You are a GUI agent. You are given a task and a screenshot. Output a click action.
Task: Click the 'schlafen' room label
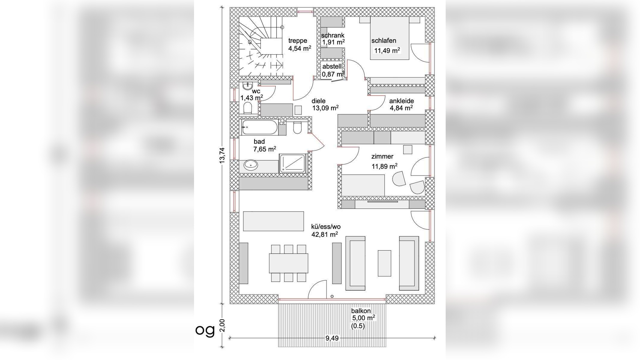[384, 40]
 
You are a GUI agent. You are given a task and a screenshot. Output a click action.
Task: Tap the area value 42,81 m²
[325, 234]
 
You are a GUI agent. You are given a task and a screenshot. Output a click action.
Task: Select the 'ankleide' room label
[401, 101]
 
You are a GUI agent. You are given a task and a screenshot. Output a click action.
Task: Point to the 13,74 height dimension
[222, 155]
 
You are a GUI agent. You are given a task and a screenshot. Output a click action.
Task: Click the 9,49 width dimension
[332, 338]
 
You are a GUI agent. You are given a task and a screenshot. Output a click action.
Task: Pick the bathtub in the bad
[260, 127]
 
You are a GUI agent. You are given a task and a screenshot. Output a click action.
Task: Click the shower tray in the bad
[292, 163]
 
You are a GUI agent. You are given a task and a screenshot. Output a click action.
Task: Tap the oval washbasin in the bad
[250, 165]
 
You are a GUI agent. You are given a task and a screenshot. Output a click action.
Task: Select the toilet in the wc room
[248, 108]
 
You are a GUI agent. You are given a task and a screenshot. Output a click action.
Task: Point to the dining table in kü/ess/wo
[289, 263]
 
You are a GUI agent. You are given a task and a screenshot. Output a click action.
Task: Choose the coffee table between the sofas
[384, 263]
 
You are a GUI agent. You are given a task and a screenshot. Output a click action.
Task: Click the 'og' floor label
[205, 330]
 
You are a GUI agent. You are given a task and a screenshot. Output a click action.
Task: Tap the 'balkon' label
[361, 311]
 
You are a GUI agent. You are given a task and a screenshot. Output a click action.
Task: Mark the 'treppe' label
[298, 40]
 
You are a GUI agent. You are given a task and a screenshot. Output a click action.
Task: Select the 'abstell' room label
[332, 67]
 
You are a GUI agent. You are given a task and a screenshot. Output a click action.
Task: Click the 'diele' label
[319, 101]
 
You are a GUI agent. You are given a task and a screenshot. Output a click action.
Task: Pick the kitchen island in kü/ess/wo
[274, 221]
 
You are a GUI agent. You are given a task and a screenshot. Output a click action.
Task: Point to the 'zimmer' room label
[382, 156]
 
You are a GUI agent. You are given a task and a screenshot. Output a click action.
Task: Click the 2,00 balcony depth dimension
[222, 325]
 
